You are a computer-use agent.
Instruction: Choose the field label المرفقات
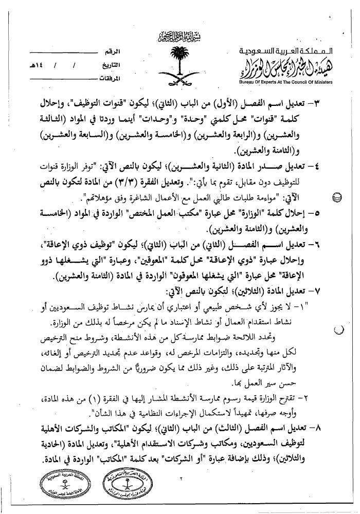point(109,79)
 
